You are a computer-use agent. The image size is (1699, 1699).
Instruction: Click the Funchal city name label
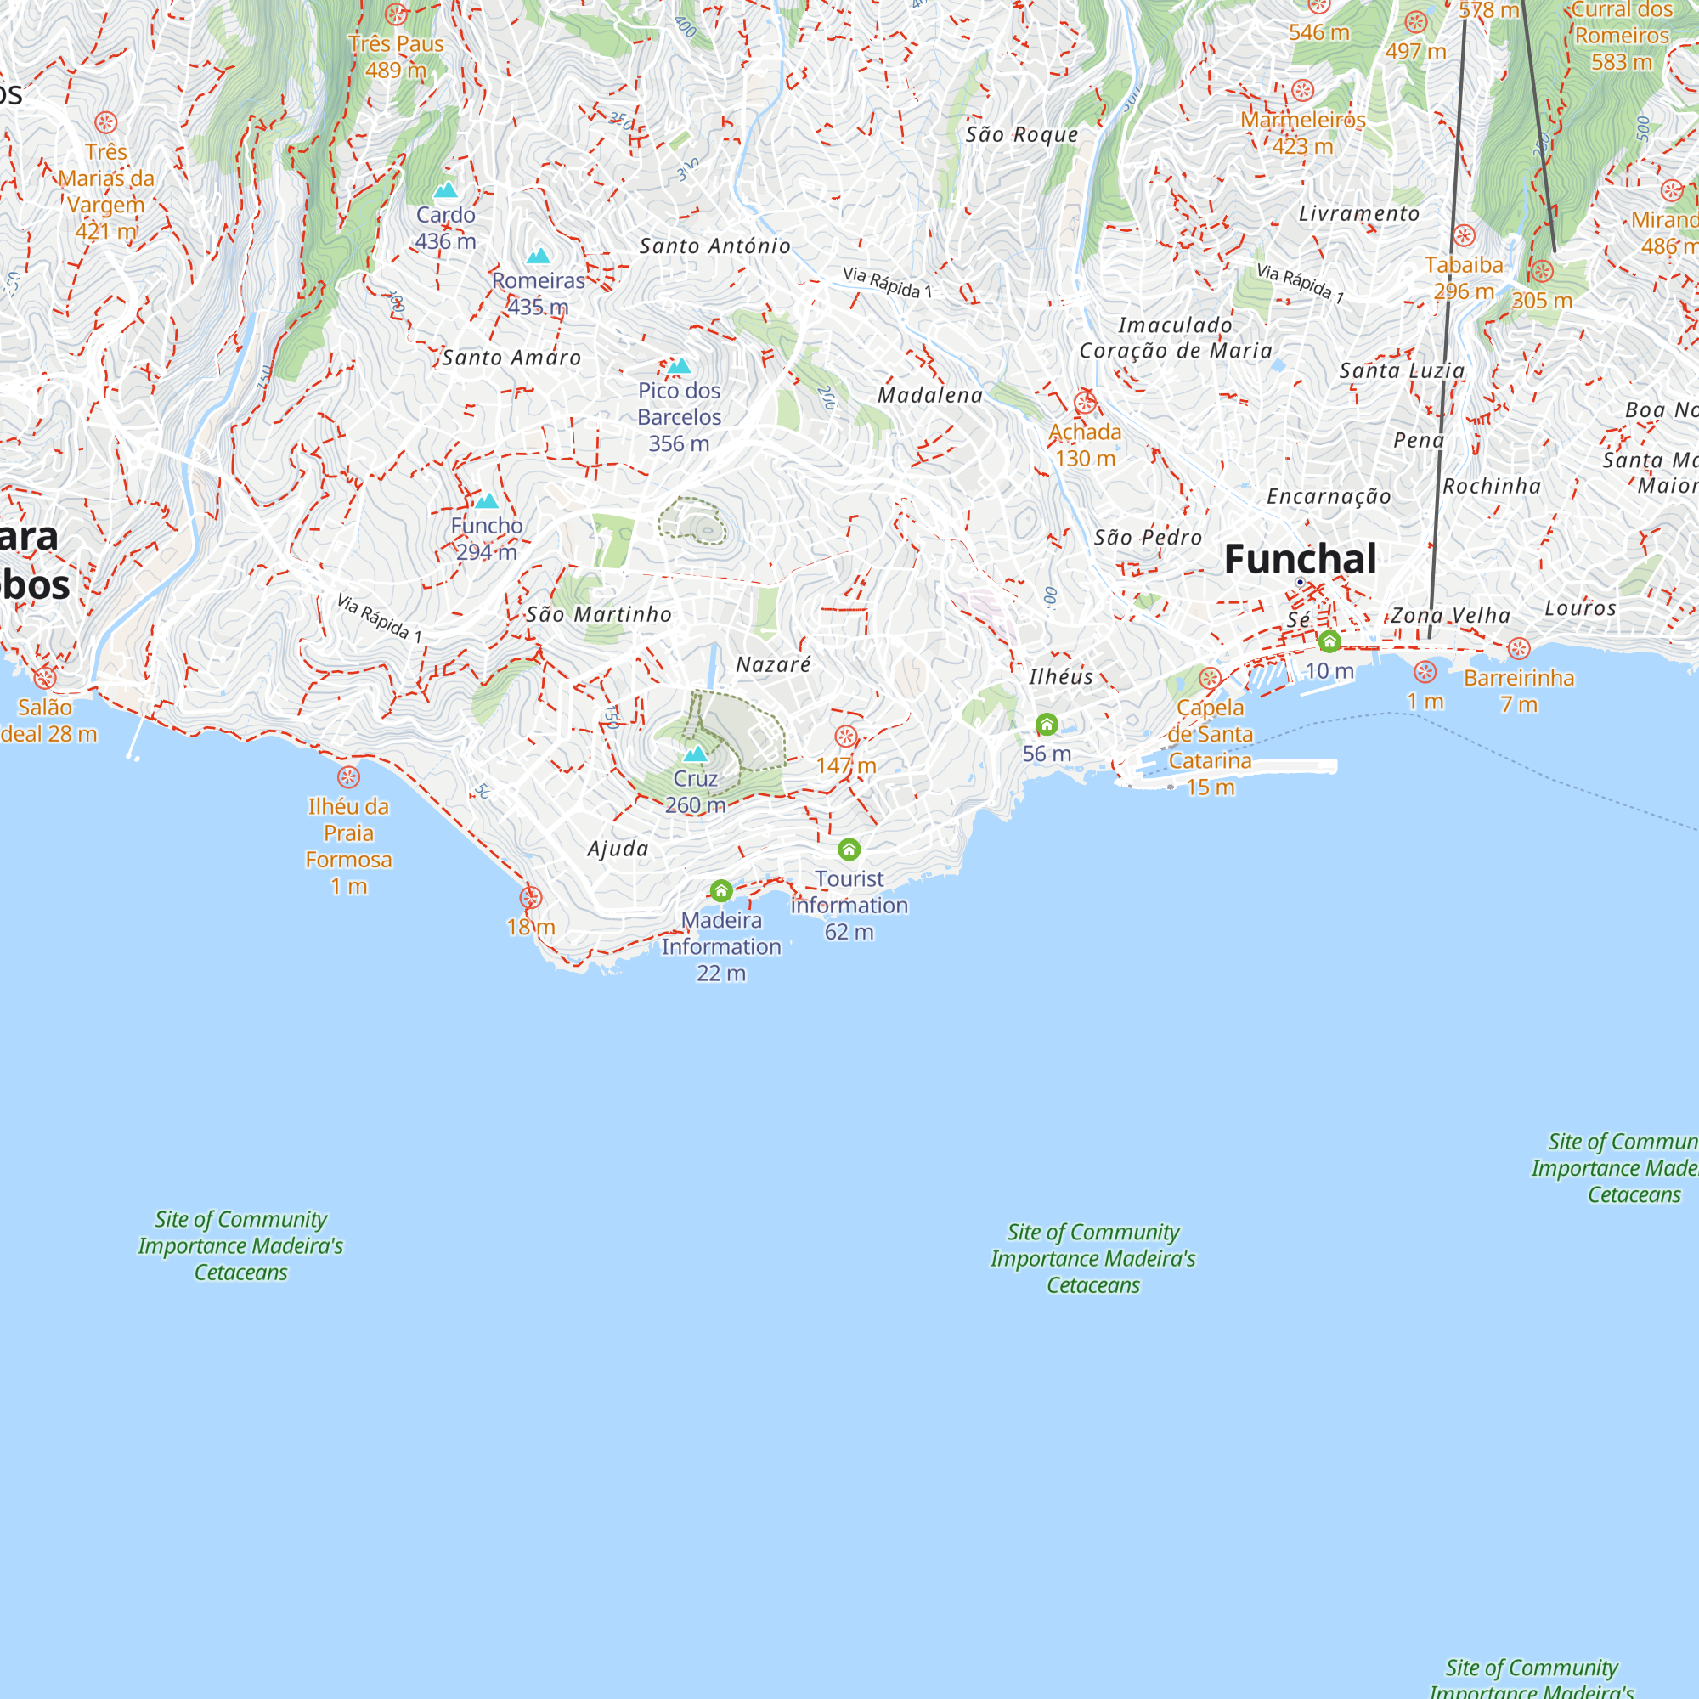[x=1300, y=559]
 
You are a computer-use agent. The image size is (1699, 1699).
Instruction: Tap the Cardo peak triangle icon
[x=446, y=190]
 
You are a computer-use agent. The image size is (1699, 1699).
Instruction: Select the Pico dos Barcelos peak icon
[x=678, y=366]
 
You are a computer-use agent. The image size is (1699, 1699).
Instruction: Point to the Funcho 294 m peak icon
[x=486, y=501]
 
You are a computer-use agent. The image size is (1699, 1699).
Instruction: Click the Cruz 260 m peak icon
[x=696, y=754]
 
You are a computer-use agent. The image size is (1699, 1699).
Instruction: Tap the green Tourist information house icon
[x=849, y=849]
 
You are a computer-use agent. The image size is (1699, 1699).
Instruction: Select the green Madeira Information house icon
[x=721, y=891]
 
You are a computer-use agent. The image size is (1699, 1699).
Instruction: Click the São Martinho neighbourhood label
[x=599, y=615]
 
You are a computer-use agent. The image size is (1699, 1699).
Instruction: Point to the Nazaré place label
[x=773, y=665]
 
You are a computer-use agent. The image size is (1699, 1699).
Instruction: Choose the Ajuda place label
[x=618, y=849]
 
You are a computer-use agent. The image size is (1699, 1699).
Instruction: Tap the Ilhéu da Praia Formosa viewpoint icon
[x=348, y=777]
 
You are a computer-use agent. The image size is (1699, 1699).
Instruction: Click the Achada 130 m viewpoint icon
[x=1085, y=403]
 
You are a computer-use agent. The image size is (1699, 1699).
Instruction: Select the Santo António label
[x=715, y=246]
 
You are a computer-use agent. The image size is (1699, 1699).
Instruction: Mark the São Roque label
[x=1022, y=134]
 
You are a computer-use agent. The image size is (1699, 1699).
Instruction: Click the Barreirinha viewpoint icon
[x=1519, y=649]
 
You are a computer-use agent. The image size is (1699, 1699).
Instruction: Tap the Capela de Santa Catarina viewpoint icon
[x=1210, y=678]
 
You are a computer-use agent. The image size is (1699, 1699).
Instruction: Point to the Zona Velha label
[x=1450, y=616]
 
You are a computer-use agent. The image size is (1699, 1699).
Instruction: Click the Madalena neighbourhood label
[x=930, y=396]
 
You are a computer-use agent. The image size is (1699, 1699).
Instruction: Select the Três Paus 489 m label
[x=396, y=56]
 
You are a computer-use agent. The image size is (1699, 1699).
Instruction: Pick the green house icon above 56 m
[x=1047, y=725]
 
